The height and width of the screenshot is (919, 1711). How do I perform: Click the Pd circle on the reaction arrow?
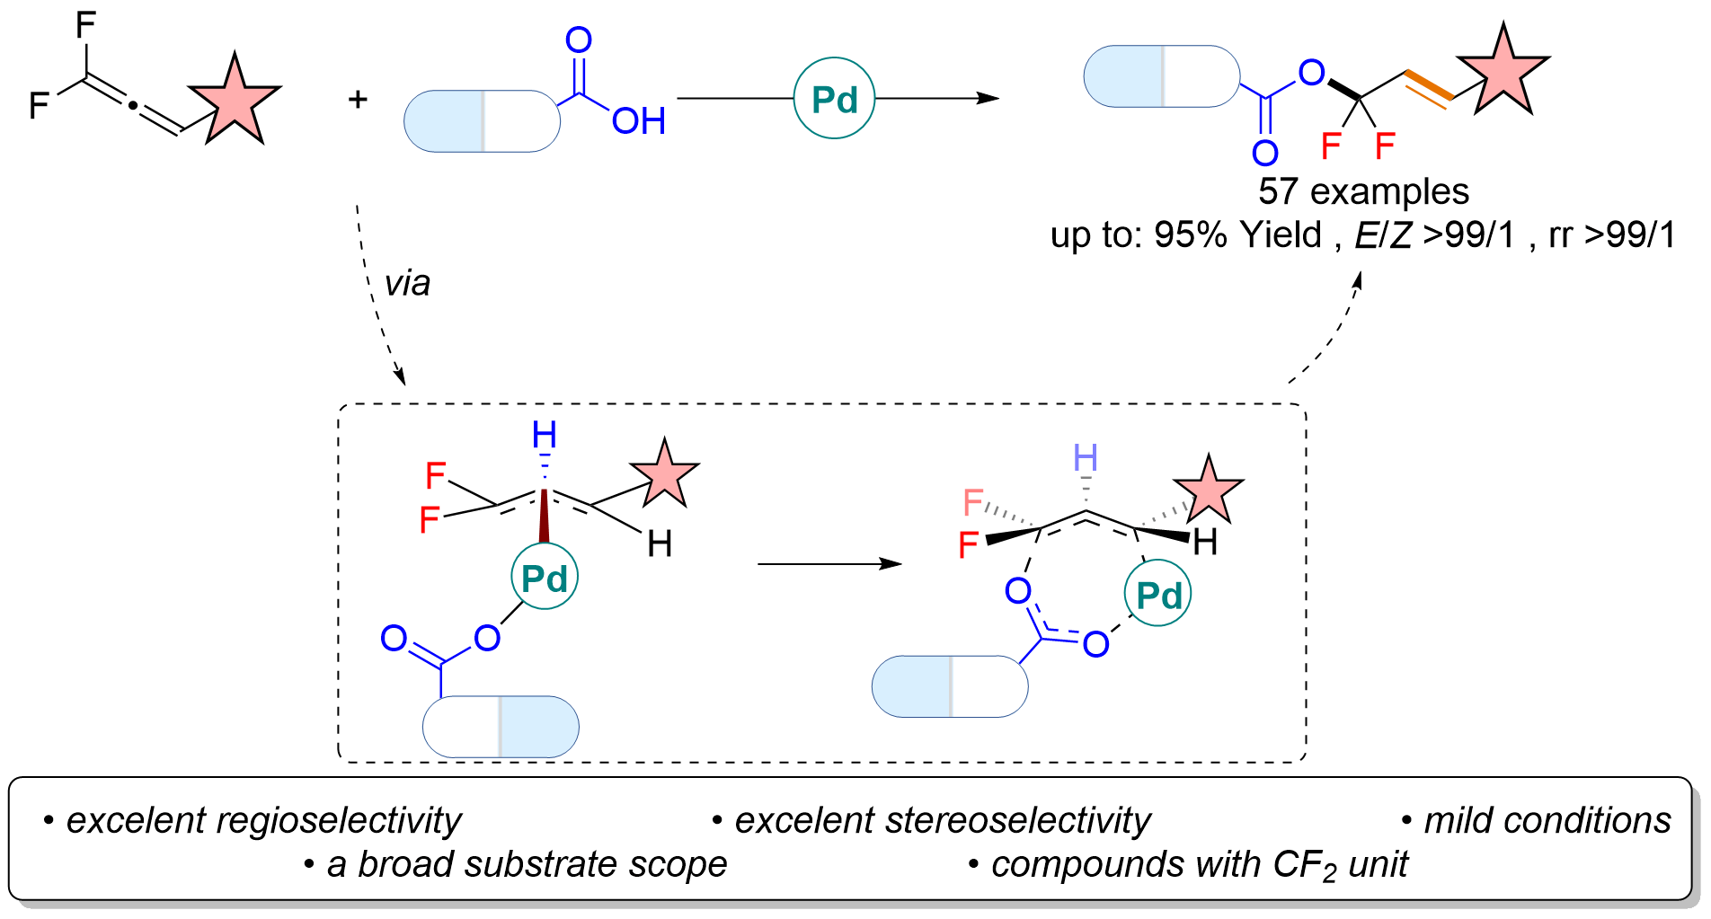834,98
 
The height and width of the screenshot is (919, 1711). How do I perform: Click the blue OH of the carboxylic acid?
639,120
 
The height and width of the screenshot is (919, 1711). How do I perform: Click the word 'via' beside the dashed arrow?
407,283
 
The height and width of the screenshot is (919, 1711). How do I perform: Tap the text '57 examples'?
1363,191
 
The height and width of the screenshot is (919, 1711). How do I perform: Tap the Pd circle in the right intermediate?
1158,594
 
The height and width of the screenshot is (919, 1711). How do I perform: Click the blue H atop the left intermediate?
545,435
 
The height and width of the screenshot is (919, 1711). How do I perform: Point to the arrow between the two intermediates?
829,563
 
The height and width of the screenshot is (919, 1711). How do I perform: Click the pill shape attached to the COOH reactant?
482,120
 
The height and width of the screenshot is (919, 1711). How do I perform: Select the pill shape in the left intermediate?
501,726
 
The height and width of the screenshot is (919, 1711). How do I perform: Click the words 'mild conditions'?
1547,820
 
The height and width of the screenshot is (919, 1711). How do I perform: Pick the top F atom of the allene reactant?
85,25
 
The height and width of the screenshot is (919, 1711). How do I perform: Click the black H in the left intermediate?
660,543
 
